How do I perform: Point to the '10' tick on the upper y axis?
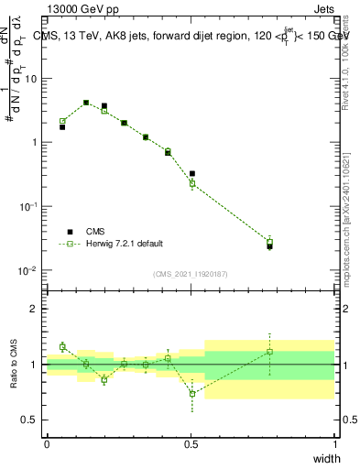click(x=30, y=79)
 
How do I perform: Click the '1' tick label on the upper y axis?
click(x=34, y=143)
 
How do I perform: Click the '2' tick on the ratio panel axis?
click(x=34, y=309)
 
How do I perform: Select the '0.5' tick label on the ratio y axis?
click(x=29, y=420)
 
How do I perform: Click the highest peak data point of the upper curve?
click(x=86, y=103)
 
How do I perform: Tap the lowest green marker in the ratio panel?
click(x=192, y=394)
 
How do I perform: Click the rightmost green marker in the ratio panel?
click(x=269, y=352)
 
